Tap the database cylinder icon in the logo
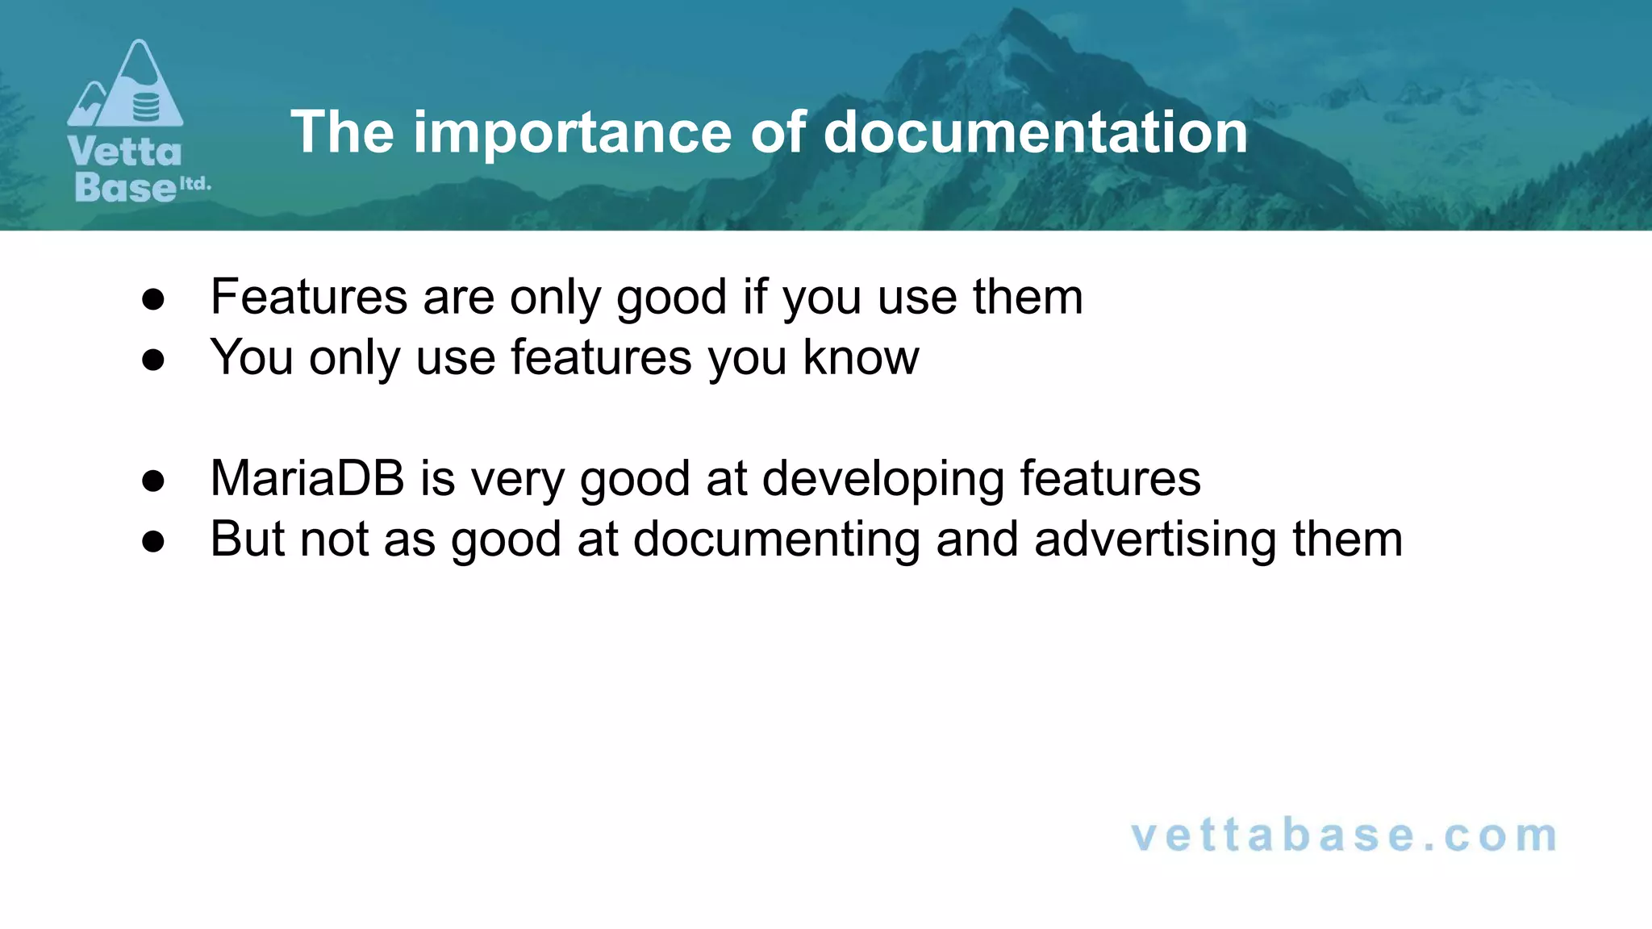[146, 106]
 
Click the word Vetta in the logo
[125, 152]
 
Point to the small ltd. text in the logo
[194, 184]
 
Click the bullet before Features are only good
[153, 300]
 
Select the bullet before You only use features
[153, 360]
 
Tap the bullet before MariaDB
[153, 481]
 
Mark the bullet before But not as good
[153, 542]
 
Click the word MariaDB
[307, 478]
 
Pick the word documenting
[776, 539]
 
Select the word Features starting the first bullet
[309, 297]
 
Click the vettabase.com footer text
[1345, 835]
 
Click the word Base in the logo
[125, 187]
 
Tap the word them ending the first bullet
[1028, 297]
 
